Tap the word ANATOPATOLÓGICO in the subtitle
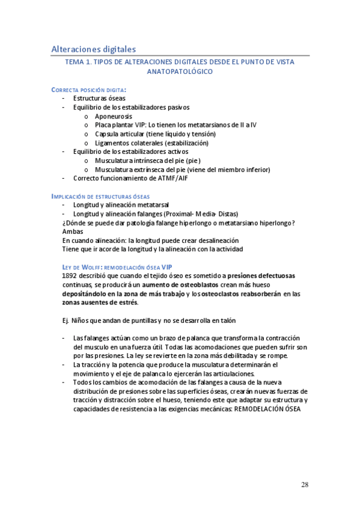coord(180,72)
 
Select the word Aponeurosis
coord(114,116)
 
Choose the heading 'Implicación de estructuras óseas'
coord(101,197)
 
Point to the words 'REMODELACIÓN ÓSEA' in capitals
coord(267,410)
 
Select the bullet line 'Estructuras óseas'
coord(99,98)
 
